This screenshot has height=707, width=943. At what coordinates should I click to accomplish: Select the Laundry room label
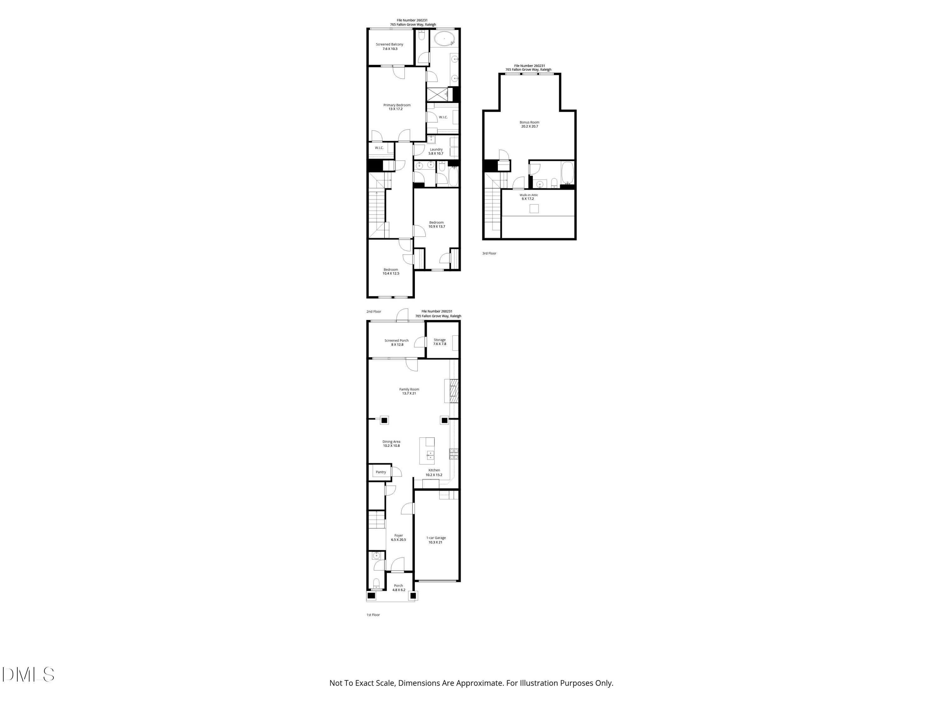[436, 151]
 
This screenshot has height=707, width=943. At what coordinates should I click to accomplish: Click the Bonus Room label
[529, 124]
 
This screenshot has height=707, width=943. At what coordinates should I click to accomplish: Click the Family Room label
[409, 391]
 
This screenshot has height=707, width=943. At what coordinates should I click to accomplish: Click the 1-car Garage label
[436, 540]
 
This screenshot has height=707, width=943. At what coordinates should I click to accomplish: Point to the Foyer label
[398, 537]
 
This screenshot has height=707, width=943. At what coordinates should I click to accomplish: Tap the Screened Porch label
[396, 342]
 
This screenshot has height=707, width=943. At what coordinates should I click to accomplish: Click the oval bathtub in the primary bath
[444, 39]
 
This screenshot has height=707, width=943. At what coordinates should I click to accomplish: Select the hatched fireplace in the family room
[454, 391]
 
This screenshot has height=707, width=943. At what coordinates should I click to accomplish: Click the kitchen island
[427, 451]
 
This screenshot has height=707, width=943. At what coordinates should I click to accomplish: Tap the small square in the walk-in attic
[534, 208]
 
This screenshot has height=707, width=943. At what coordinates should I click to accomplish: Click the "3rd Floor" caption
[489, 254]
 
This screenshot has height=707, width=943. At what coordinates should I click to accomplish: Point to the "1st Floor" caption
[373, 615]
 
